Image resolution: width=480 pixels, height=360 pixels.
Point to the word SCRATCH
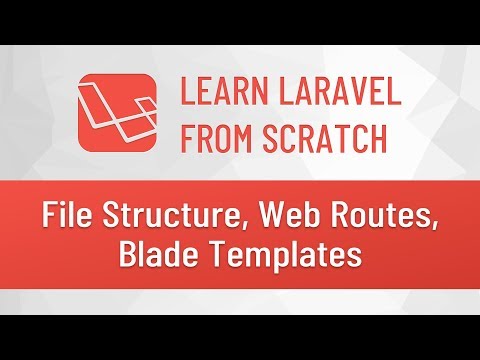(319, 137)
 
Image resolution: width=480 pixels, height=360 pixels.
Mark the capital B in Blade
(128, 256)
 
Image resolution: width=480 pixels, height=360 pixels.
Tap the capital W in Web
(249, 214)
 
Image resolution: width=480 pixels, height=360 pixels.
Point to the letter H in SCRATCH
(377, 137)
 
